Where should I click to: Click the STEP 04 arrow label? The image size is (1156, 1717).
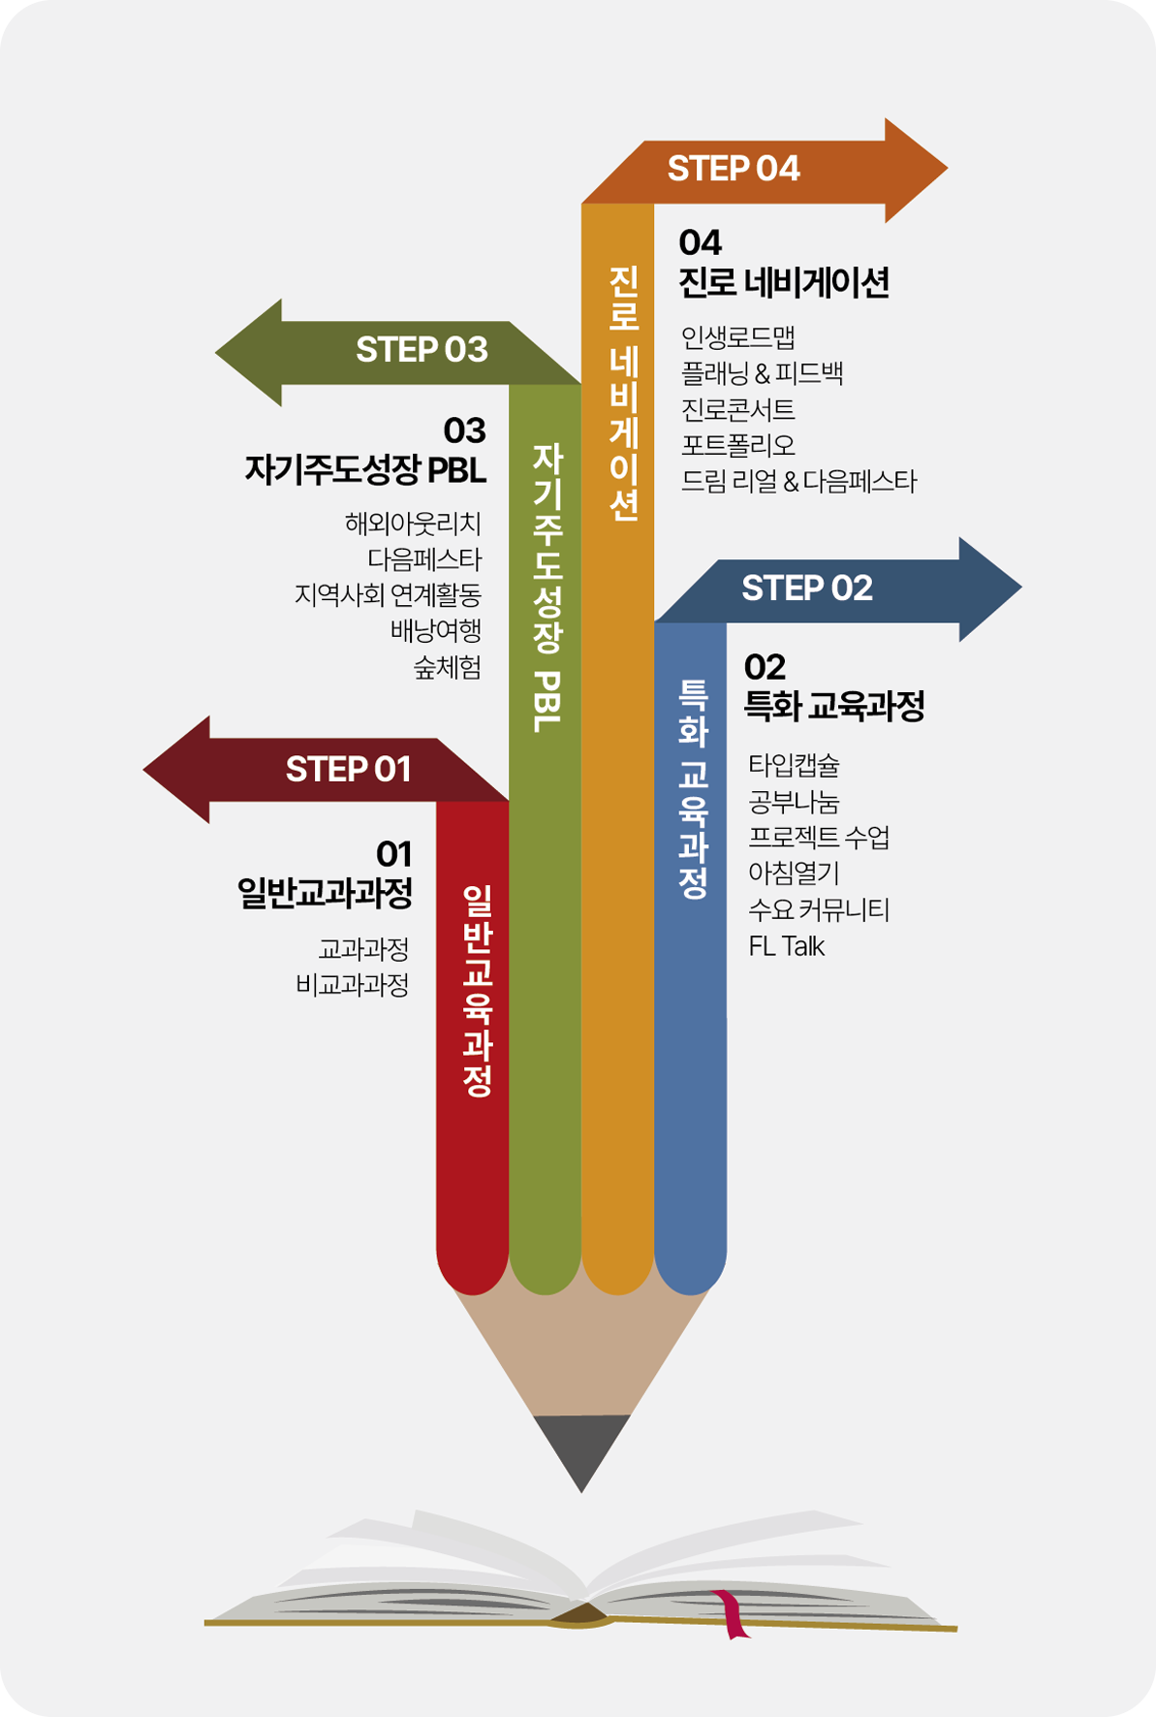(x=734, y=169)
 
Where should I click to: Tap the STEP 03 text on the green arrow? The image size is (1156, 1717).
(x=422, y=350)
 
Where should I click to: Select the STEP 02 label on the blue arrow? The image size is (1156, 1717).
(x=807, y=588)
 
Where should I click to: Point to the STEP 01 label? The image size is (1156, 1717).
(x=348, y=770)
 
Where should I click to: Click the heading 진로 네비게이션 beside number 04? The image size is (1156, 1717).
(x=783, y=283)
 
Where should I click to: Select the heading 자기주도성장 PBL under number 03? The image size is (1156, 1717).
(x=365, y=470)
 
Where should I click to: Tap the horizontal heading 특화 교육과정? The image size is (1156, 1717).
(x=833, y=706)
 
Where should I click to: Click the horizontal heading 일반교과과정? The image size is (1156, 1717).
(x=326, y=893)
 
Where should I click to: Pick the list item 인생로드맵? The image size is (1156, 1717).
(x=737, y=337)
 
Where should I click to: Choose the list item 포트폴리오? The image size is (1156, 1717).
(x=737, y=445)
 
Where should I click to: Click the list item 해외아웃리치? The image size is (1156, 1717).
(x=413, y=524)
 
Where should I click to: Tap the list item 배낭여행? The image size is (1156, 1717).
(x=436, y=631)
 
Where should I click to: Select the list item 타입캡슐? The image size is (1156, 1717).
(x=794, y=766)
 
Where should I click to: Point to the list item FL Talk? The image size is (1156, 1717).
(x=786, y=946)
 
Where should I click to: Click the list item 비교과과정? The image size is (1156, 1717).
(x=353, y=985)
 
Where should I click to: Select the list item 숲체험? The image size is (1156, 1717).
(x=448, y=667)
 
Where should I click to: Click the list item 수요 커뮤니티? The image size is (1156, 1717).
(x=819, y=910)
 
